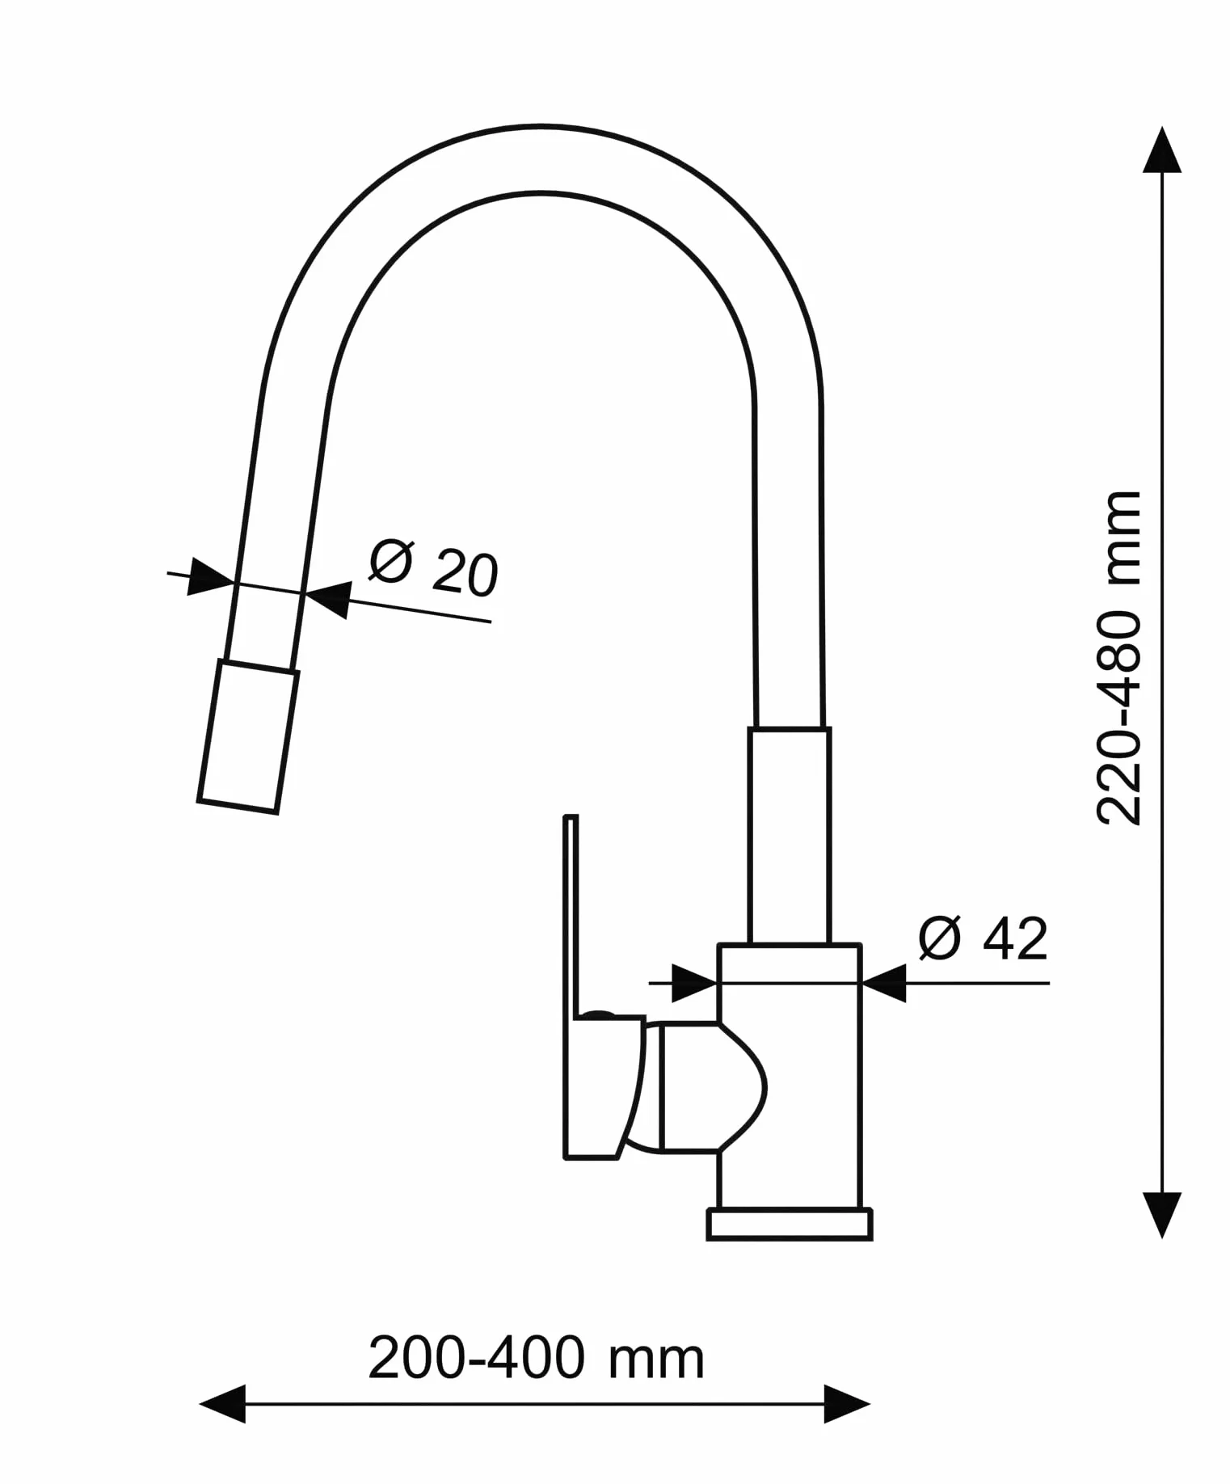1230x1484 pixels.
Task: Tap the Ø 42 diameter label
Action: click(983, 939)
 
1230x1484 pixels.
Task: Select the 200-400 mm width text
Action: click(537, 1358)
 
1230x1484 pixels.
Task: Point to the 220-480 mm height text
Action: click(1119, 657)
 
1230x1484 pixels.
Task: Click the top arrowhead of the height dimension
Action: click(1162, 150)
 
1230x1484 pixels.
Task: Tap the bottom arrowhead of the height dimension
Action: click(1162, 1215)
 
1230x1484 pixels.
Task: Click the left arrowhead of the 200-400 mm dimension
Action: click(222, 1404)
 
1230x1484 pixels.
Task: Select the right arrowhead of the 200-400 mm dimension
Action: click(847, 1404)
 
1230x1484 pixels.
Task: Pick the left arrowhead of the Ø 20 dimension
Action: click(210, 577)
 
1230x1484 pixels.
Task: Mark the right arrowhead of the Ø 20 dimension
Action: click(328, 599)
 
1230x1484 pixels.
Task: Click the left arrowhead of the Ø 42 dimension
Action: click(694, 983)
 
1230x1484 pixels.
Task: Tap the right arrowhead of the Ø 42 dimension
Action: click(884, 983)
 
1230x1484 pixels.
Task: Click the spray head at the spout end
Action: click(248, 736)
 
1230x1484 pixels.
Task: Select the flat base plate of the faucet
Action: click(790, 1225)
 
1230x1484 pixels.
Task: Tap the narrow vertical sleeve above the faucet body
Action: click(789, 836)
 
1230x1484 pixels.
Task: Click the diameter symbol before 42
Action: click(940, 939)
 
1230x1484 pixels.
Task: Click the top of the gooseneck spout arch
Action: click(540, 127)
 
